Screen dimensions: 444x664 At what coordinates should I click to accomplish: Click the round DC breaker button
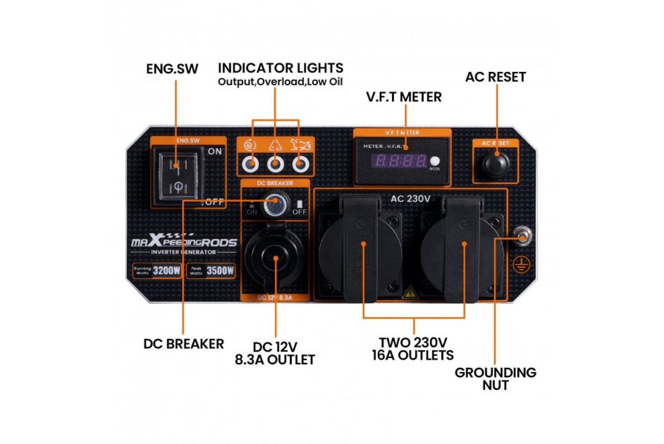275,204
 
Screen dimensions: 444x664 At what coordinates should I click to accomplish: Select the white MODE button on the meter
434,161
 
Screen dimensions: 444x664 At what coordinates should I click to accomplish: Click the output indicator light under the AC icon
250,164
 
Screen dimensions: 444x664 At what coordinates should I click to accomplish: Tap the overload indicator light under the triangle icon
275,164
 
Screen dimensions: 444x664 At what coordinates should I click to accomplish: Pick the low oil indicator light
301,164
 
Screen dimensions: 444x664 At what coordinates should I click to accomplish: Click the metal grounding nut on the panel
522,237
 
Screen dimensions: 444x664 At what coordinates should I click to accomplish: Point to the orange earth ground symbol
521,265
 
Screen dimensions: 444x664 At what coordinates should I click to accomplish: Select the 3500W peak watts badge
211,271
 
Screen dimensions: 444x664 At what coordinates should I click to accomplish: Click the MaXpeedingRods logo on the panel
184,241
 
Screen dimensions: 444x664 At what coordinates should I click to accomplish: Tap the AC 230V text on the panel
410,199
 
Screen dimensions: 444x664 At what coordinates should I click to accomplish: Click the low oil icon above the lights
301,145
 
